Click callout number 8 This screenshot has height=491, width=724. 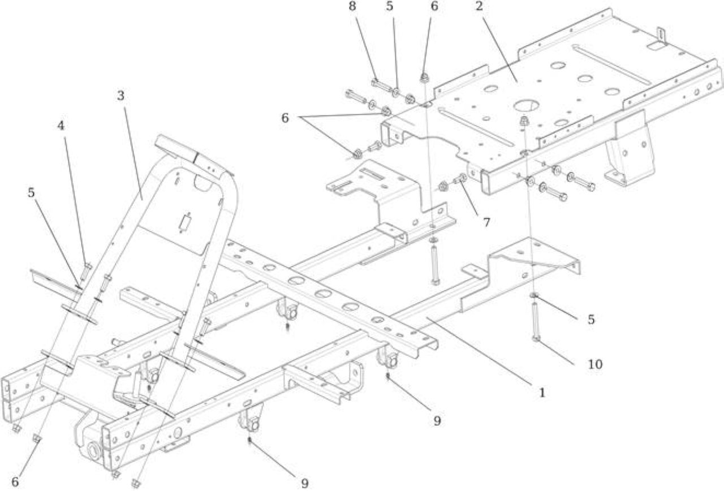pos(352,6)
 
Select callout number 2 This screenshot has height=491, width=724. pos(479,6)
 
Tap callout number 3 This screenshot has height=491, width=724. pos(120,96)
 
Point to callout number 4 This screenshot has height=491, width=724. pos(61,126)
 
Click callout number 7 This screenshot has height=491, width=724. pos(486,222)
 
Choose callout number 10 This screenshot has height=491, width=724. pos(595,365)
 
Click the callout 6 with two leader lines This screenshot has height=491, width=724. pos(285,118)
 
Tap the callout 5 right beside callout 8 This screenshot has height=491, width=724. pos(390,6)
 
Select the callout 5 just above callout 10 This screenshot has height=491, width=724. pos(591,320)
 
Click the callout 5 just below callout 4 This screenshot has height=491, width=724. pos(31,193)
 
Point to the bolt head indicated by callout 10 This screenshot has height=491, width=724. pos(536,338)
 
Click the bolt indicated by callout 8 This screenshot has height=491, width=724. pos(381,85)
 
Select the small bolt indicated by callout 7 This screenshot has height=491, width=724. pos(460,178)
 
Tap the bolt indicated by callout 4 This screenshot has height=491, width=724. pos(85,272)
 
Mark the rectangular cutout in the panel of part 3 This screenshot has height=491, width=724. pos(184,223)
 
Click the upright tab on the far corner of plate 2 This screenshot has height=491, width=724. pos(662,37)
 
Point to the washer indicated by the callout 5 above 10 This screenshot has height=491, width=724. pos(533,295)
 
